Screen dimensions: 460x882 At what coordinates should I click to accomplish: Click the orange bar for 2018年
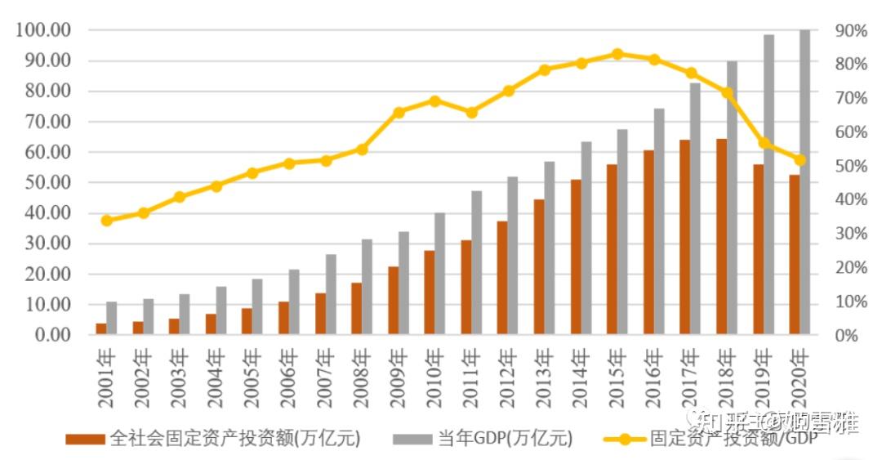coord(721,237)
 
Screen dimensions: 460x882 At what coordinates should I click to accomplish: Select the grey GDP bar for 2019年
coord(768,185)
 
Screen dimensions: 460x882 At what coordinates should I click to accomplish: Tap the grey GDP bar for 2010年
coord(440,274)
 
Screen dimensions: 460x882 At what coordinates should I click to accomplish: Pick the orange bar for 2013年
coord(539,267)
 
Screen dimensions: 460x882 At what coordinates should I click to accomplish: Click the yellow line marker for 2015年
coord(617,54)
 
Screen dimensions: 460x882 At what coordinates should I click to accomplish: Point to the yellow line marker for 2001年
coord(106,221)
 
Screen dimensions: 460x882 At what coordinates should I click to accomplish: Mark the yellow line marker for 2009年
coord(399,113)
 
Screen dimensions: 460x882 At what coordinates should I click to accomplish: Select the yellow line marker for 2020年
coord(800,160)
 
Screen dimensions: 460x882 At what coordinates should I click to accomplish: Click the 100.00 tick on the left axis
coord(43,30)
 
